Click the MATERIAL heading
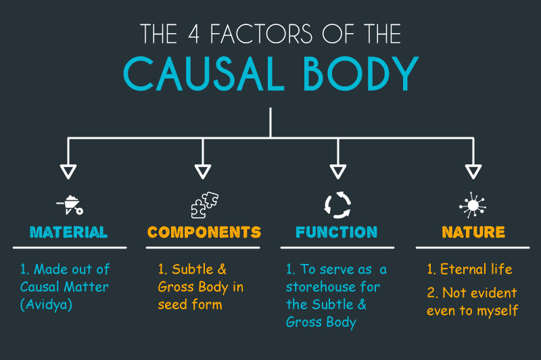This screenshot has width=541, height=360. point(68,232)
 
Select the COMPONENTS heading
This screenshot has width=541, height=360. point(204,232)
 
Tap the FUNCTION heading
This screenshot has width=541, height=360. point(336,232)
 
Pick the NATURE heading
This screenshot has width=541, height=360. point(473,232)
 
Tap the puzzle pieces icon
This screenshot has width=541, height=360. point(204,204)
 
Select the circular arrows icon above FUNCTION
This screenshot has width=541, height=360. point(337,204)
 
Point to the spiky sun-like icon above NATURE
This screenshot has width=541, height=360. point(473,204)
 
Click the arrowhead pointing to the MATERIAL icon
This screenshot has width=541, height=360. point(68,171)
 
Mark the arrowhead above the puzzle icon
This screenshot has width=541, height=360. point(203,171)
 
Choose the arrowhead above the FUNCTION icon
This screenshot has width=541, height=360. point(337,171)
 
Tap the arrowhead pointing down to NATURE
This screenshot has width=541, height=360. point(473,171)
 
